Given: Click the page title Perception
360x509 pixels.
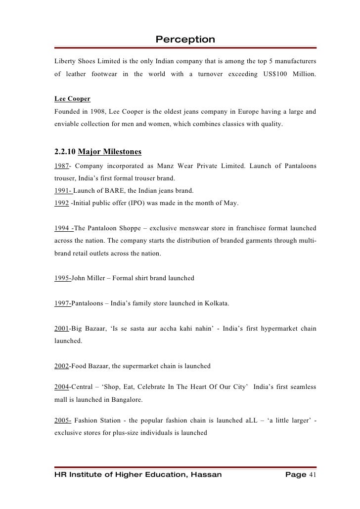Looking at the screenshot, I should [185, 39].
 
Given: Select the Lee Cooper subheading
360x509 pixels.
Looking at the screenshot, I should [72, 99].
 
